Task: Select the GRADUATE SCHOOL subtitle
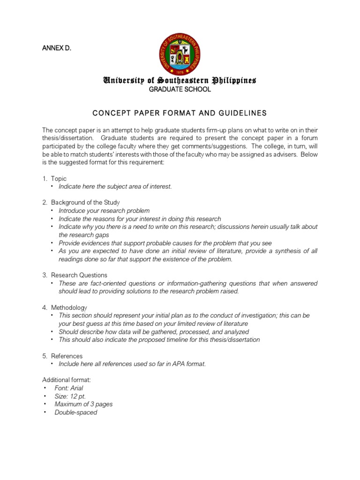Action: tap(180, 90)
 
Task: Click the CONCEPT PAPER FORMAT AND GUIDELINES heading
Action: tap(180, 113)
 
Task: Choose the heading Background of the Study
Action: tap(85, 202)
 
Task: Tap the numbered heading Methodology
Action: tap(69, 307)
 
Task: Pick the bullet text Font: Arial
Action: tap(69, 388)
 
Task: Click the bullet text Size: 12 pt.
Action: tap(70, 396)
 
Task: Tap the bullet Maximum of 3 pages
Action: tap(83, 404)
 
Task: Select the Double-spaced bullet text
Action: tap(76, 412)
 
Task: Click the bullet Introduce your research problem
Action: tap(104, 211)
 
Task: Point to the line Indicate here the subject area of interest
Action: tap(115, 187)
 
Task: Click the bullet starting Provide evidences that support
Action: tap(165, 243)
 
